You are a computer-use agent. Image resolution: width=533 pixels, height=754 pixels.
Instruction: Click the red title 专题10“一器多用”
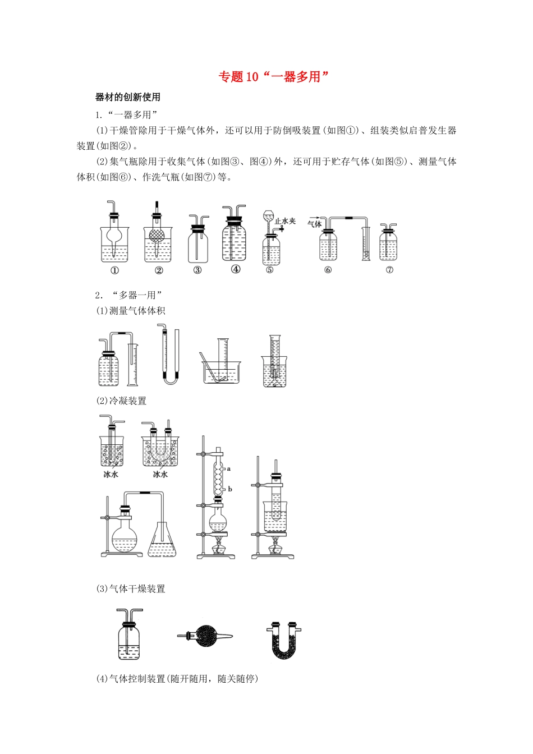coord(273,77)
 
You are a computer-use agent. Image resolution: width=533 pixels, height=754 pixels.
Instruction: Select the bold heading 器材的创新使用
coord(128,97)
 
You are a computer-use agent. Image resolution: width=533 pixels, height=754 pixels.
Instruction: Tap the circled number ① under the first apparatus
coord(114,270)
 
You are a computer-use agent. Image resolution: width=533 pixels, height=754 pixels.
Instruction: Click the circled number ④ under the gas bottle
coord(236,269)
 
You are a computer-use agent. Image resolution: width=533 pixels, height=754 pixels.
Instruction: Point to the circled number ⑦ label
coord(389,270)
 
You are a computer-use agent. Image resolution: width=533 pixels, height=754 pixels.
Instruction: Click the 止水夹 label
coord(285,221)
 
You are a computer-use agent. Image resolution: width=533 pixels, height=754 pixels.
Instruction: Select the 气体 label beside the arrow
coord(315,224)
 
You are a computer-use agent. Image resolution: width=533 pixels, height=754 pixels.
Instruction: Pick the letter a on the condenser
coord(229,468)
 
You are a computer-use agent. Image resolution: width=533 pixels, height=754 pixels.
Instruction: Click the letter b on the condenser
coord(229,489)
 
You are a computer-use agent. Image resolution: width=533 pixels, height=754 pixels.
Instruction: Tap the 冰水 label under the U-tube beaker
coord(160,475)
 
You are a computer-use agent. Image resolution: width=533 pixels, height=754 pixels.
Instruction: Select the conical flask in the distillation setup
coord(163,541)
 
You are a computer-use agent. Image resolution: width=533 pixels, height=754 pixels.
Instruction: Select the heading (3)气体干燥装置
coord(131,589)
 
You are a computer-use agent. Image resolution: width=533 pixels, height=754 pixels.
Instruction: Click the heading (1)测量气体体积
coord(131,311)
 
